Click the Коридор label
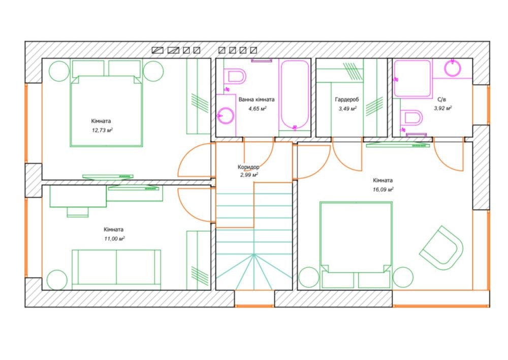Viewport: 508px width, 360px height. click(248, 167)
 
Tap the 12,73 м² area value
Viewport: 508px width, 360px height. click(103, 130)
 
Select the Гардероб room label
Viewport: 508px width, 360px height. click(347, 100)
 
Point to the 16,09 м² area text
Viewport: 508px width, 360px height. click(383, 189)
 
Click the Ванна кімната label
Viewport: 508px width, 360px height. click(257, 100)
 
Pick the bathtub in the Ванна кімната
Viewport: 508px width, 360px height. click(295, 94)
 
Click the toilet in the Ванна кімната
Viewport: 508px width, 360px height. click(236, 77)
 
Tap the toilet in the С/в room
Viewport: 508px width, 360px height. click(411, 118)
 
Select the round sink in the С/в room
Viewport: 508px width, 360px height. click(452, 69)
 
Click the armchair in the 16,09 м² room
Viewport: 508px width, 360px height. click(441, 248)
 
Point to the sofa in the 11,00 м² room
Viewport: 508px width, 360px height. click(116, 269)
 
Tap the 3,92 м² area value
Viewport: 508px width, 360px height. click(443, 109)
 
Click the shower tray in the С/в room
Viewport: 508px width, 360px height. click(412, 79)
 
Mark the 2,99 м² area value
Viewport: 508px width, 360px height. click(249, 175)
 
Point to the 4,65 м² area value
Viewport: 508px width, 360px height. click(257, 109)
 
